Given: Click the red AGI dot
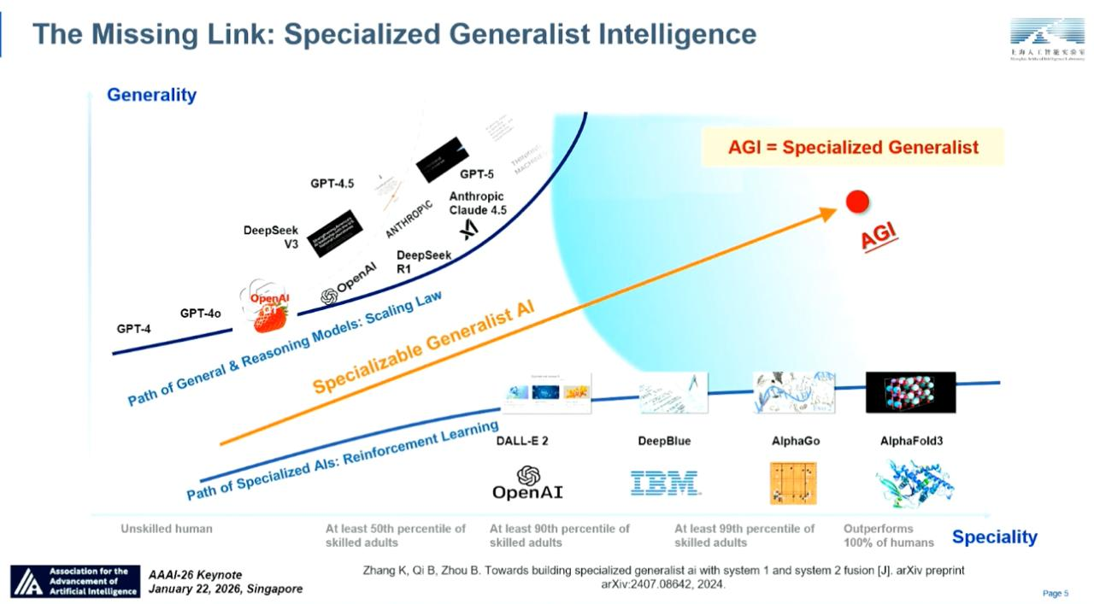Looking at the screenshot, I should click(x=857, y=202).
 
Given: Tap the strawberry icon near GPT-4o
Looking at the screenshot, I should click(x=270, y=316).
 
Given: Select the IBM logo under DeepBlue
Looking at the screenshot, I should click(x=664, y=483).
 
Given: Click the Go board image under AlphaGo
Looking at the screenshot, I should click(x=792, y=483).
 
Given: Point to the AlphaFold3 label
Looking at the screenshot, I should click(x=910, y=441).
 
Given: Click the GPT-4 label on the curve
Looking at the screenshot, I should click(x=133, y=328).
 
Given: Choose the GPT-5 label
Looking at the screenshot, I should click(x=477, y=174).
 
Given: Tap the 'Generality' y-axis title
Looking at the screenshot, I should click(x=151, y=95).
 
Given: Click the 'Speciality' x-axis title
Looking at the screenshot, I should click(x=994, y=537).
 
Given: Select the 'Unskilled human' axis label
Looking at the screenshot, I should click(x=167, y=529).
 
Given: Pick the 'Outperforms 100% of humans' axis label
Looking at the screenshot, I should click(x=888, y=536).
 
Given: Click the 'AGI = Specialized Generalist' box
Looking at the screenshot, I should click(x=852, y=147).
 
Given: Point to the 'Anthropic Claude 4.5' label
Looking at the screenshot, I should click(x=477, y=203).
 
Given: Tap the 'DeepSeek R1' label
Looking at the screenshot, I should click(x=423, y=261).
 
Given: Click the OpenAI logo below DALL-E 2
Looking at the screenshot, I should click(x=527, y=483).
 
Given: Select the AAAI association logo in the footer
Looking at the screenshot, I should click(x=75, y=581).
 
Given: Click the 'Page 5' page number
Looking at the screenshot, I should click(x=1056, y=594).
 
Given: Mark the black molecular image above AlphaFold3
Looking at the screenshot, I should click(x=910, y=392).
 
